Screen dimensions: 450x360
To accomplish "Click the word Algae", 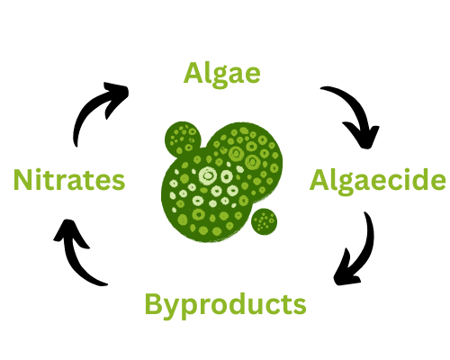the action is click(221, 74).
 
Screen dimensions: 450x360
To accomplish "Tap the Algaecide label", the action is click(378, 181).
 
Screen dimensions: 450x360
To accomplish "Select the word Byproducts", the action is click(225, 305).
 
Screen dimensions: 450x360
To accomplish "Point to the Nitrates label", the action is click(69, 179).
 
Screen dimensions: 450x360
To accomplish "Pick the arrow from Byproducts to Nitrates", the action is click(73, 258).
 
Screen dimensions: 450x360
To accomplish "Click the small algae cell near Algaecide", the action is click(265, 221).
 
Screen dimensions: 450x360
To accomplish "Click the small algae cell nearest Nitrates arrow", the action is click(183, 139).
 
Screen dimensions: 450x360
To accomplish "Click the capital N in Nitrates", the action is click(22, 180).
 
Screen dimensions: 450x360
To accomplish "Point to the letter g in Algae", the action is click(220, 77).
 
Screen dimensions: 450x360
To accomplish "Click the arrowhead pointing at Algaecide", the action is click(364, 137).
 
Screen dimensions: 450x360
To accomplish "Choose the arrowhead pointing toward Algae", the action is click(117, 96).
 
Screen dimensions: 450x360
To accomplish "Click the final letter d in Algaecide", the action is click(421, 180).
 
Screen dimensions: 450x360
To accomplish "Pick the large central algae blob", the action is click(222, 182).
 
